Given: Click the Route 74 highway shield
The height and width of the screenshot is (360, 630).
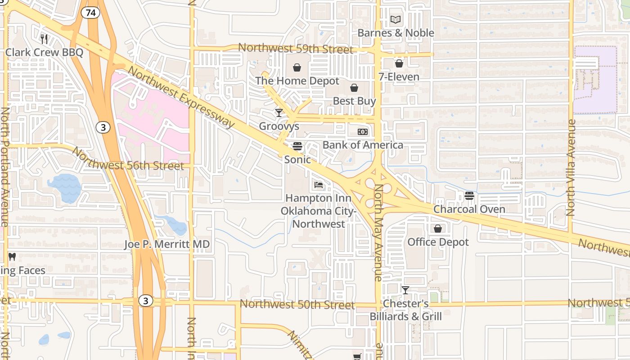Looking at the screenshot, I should point(91,13).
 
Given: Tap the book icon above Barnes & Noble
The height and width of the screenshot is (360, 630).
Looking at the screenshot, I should point(396,20).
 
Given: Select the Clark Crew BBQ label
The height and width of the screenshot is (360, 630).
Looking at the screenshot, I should point(44,52).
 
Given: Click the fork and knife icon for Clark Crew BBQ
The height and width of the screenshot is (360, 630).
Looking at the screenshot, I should point(44,39).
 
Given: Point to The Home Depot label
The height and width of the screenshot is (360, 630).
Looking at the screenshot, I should point(297,81).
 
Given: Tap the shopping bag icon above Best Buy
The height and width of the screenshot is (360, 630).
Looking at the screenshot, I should point(354,88).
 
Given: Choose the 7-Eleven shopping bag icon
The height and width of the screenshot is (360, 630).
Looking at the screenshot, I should point(399,63).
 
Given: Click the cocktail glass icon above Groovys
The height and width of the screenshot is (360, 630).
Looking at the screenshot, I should point(279,112).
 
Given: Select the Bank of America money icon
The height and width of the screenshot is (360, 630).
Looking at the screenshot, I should point(363,132).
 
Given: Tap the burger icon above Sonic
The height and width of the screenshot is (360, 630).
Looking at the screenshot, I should point(297,146).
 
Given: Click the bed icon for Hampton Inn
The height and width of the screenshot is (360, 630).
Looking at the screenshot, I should point(318,185).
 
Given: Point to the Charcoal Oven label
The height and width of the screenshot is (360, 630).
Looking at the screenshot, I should point(469,209).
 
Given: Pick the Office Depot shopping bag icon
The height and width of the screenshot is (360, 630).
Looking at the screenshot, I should point(438,229).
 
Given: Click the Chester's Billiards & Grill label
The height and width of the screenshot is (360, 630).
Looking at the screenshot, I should point(405,310).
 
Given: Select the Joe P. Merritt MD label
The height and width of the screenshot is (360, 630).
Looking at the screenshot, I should point(167,244).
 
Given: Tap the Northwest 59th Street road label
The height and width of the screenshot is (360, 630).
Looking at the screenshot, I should point(296,49).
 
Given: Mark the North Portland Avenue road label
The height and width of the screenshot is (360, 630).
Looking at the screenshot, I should point(5,166).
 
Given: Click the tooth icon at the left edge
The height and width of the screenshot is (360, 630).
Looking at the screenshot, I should point(12,257).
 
